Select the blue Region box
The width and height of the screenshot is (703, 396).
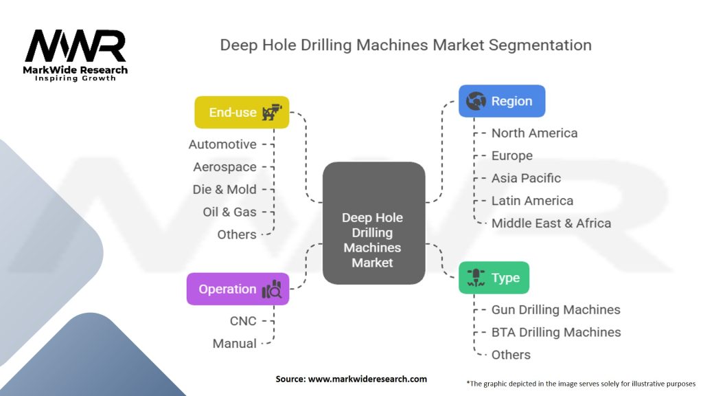502,101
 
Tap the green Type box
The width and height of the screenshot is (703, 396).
494,278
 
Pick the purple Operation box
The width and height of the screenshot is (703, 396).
238,289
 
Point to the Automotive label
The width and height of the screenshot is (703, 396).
222,144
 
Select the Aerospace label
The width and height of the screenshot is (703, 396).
224,167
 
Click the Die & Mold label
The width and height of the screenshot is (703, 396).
224,190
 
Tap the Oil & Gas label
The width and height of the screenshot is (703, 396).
229,212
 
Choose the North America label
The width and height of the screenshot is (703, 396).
534,133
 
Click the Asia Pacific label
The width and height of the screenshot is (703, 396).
526,178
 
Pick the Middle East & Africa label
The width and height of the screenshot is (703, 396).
551,223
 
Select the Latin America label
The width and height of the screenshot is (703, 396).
532,201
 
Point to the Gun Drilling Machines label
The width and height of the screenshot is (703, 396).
555,310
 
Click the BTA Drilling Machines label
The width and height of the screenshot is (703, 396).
555,332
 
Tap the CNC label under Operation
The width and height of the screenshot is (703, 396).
243,320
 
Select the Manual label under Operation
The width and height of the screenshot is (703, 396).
234,343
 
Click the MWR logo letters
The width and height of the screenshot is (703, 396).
76,46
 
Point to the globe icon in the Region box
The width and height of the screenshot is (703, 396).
476,102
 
